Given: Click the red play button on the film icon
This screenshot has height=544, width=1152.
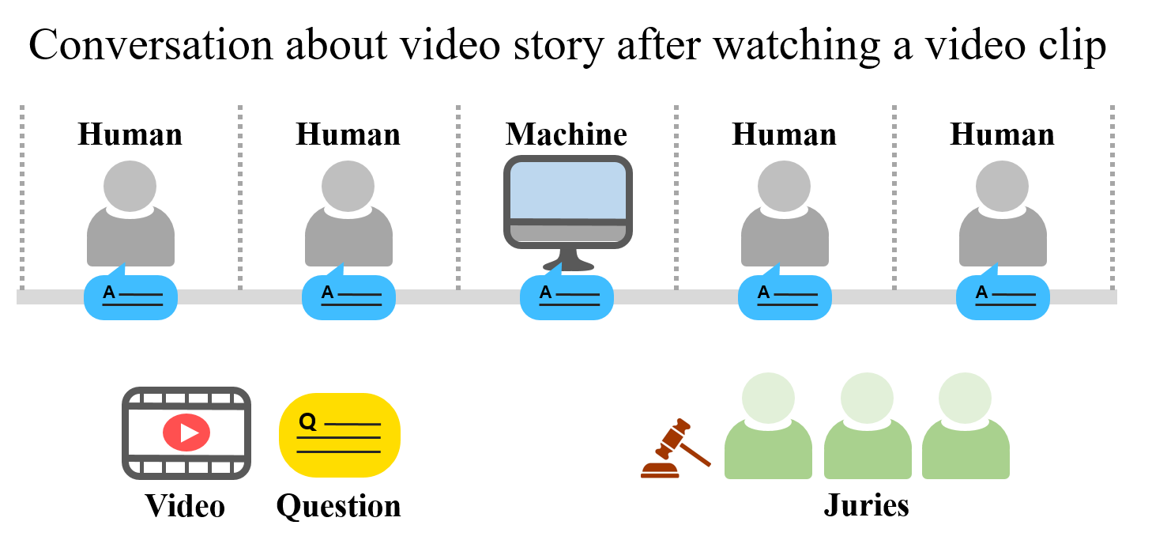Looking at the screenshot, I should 186,433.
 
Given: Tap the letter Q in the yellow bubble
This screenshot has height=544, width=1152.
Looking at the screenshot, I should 307,421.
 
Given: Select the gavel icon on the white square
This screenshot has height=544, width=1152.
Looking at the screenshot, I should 676,448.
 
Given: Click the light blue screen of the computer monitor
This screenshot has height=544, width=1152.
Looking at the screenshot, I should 567,190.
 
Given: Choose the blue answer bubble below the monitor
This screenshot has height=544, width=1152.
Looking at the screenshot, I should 567,298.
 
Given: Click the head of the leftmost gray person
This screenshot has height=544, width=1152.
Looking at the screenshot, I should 130,186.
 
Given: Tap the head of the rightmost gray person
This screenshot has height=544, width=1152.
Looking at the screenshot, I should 1002,186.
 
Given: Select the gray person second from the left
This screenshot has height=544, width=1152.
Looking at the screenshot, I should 348,221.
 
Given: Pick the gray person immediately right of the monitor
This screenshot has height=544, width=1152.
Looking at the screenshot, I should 785,221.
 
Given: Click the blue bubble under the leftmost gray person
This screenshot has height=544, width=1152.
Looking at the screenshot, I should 130,298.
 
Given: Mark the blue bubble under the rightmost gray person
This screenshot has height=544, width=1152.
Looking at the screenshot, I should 1003,298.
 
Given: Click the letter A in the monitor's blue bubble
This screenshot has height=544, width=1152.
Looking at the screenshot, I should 545,293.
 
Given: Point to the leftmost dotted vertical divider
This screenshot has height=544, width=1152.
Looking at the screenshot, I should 22,198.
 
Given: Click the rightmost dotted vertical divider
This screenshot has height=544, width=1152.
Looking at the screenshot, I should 1112,198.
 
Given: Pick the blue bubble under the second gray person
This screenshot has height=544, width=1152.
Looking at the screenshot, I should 348,298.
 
